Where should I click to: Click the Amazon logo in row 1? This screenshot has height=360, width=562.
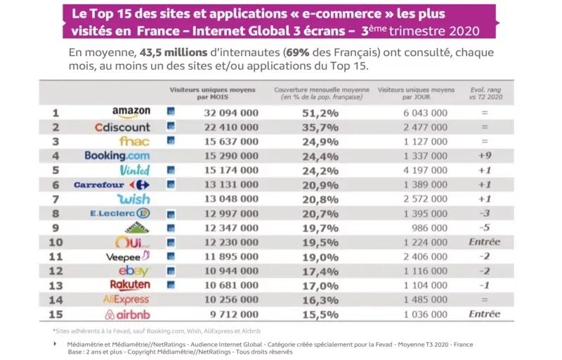tap(131, 112)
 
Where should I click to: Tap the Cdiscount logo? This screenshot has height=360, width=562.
tap(122, 127)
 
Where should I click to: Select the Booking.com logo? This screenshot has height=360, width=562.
tap(117, 155)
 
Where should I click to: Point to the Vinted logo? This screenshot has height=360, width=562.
tap(135, 169)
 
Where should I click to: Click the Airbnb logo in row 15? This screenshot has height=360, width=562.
tap(127, 314)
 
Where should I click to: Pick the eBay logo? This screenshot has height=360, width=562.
tap(133, 271)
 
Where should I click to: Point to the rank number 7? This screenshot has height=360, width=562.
tap(55, 199)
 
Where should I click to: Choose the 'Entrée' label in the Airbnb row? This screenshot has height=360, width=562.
tap(483, 314)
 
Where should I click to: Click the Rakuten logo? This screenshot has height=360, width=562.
tap(130, 285)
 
